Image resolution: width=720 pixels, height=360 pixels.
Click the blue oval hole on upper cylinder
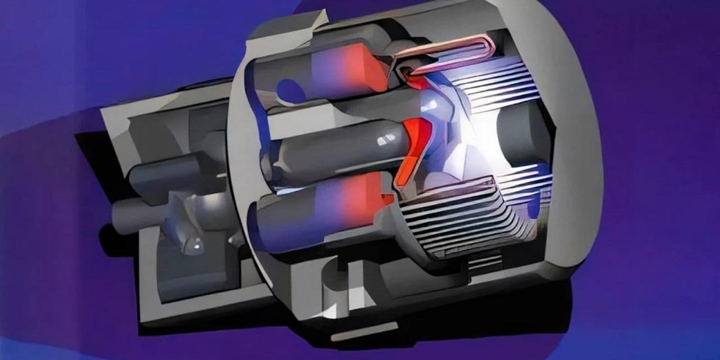[x=290, y=90]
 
